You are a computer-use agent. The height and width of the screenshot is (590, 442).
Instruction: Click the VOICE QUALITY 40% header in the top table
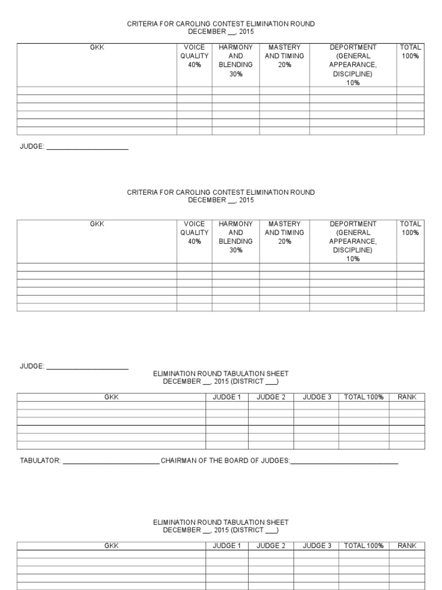point(194,56)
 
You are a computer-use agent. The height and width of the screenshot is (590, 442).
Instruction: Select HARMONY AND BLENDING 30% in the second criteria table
point(235,237)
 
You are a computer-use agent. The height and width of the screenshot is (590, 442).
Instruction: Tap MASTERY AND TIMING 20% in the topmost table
point(284,56)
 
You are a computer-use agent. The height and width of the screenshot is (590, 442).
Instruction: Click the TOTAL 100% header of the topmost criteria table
point(410,52)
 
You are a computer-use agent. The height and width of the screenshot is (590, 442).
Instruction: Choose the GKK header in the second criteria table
point(97,224)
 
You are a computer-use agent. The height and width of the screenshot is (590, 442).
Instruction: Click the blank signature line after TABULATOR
point(110,462)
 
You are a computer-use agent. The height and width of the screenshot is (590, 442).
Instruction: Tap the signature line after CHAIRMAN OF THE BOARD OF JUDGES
point(344,462)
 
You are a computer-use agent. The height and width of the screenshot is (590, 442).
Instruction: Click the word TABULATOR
point(40,461)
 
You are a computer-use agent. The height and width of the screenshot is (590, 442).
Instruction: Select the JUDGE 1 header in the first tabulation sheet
point(227,398)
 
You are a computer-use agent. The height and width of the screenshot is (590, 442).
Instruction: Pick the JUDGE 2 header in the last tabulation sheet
point(270,546)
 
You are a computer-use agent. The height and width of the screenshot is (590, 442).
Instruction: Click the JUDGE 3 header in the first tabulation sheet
point(317,398)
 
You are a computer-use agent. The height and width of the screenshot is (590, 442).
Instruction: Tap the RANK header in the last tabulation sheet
point(407,546)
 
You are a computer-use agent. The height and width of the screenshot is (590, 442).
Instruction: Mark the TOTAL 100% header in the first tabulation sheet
point(364,398)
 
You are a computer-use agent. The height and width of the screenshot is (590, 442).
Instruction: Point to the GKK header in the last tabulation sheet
point(111,546)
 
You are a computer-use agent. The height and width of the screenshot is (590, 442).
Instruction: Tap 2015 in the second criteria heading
point(246,201)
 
